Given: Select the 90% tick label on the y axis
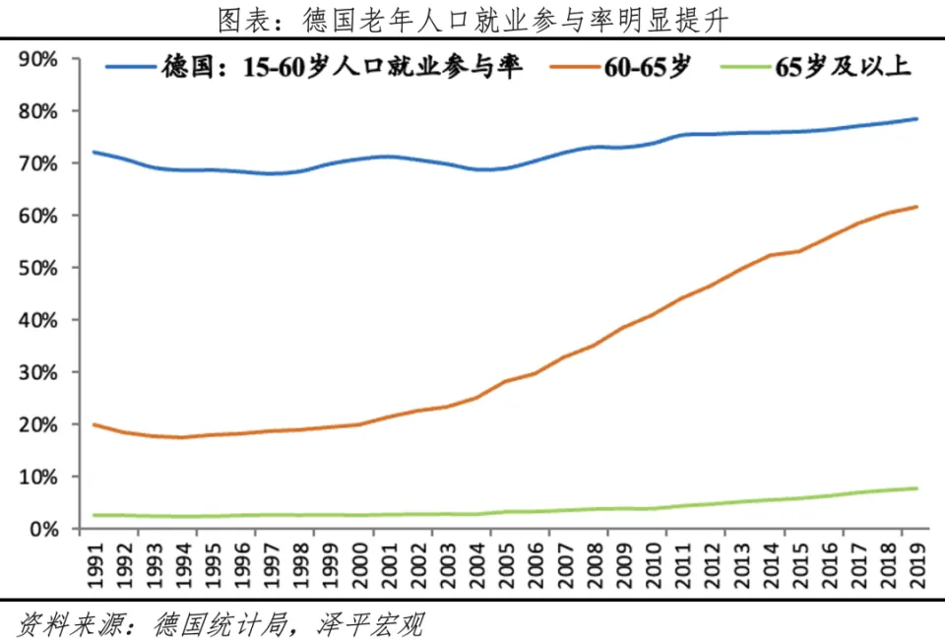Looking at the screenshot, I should click(x=37, y=59).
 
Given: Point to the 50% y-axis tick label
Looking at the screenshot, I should click(x=37, y=268).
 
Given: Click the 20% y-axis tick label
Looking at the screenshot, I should click(x=37, y=424).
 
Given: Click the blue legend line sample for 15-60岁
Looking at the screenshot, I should click(x=130, y=68).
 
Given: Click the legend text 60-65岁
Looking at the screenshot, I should click(x=651, y=68).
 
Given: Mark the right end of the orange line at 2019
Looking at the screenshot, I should click(x=917, y=207).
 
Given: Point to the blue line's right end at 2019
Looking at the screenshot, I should click(x=917, y=119).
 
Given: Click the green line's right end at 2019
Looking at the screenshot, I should click(x=917, y=488).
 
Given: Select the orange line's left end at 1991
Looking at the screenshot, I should click(x=94, y=424).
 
